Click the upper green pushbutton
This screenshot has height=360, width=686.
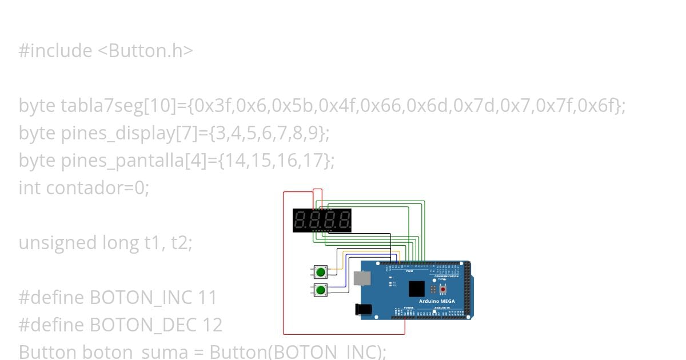(x=321, y=272)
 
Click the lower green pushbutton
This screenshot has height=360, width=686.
(x=321, y=290)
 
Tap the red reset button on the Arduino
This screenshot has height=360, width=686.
(x=442, y=290)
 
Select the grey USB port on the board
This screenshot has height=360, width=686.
(x=362, y=278)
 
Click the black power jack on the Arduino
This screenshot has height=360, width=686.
(x=364, y=310)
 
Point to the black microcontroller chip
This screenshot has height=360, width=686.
(x=417, y=289)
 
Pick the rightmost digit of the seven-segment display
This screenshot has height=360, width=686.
(x=344, y=220)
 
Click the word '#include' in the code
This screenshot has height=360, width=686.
(x=55, y=51)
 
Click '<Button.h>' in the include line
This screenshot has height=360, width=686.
(x=145, y=51)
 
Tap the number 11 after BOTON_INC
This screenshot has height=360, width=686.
(x=207, y=298)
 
